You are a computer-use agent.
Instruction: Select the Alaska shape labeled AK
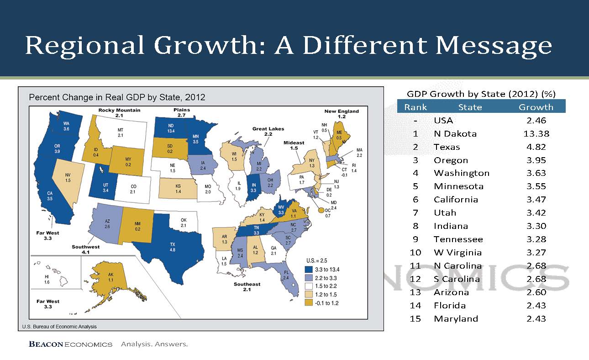pos(110,279)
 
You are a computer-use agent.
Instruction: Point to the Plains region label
pos(182,112)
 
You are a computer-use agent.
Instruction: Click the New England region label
pos(342,114)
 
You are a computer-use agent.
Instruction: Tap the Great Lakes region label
pos(268,131)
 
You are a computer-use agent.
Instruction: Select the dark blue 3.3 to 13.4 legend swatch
pos(309,270)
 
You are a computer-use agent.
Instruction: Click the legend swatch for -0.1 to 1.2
pos(309,302)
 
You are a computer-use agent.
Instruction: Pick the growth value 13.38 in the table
pos(536,134)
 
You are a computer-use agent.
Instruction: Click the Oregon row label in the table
pos(451,160)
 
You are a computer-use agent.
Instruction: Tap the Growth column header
pos(536,107)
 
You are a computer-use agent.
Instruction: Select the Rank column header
pos(415,107)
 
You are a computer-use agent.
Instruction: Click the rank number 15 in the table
pos(415,319)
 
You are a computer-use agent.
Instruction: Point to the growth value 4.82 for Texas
pos(536,147)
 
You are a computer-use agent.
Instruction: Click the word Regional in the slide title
pos(84,46)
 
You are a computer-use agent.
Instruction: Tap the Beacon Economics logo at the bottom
pos(70,344)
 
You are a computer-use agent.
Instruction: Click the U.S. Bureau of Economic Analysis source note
pos(59,327)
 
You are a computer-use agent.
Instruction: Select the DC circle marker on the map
pos(321,210)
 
